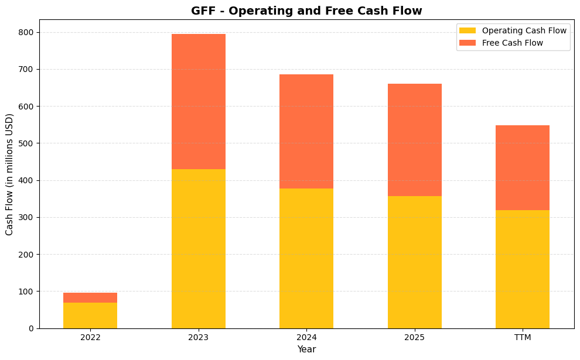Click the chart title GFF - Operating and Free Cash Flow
click(306, 11)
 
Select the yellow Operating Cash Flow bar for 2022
click(90, 316)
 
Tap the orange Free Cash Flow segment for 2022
click(90, 297)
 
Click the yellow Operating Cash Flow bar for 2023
click(199, 249)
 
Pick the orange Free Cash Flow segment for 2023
click(199, 101)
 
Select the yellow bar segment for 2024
click(306, 258)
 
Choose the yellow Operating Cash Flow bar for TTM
click(523, 269)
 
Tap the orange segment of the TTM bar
click(523, 167)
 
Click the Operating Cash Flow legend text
click(524, 30)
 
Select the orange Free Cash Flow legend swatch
click(468, 43)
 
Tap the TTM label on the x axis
click(523, 338)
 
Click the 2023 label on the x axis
click(199, 338)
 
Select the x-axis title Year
click(306, 349)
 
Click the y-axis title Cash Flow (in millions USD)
click(10, 174)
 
